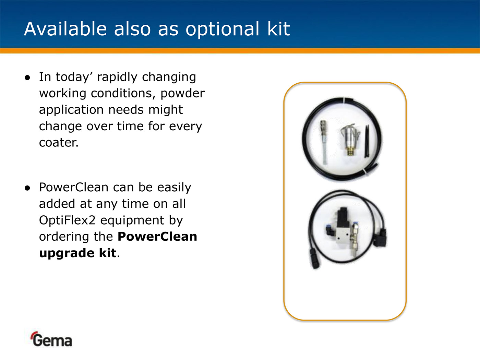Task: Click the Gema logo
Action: [x=51, y=339]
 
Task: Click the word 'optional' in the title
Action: [x=222, y=29]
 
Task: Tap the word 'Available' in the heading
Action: [x=65, y=29]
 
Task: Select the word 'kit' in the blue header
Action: [x=279, y=29]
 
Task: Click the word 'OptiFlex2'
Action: [x=67, y=220]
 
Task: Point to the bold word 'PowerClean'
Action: [x=157, y=237]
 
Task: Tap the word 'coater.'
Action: [x=59, y=143]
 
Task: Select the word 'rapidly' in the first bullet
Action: [x=117, y=77]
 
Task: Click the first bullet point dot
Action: [x=27, y=78]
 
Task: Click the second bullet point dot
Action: [x=27, y=188]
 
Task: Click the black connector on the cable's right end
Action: [x=381, y=237]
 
